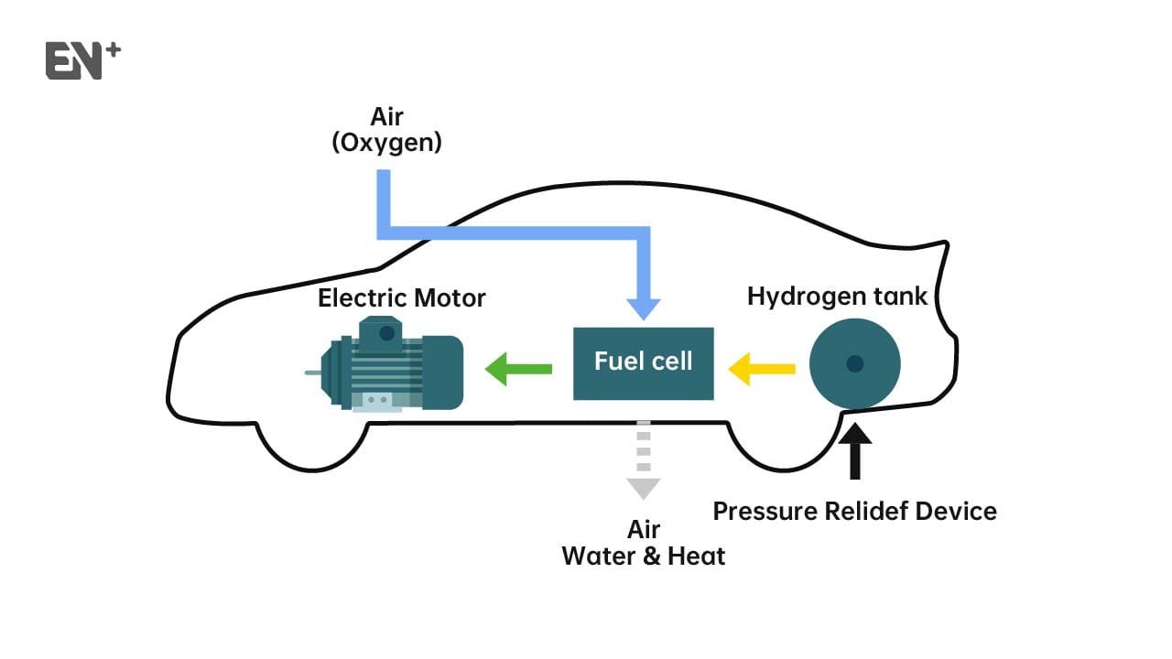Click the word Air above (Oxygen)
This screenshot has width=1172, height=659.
tap(386, 117)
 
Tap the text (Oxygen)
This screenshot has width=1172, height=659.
tap(386, 143)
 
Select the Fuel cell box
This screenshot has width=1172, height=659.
tap(643, 362)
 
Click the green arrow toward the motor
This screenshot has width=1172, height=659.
tap(517, 369)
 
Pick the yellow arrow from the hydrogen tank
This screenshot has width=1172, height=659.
tap(761, 369)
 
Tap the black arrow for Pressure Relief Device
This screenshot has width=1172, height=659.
tap(855, 448)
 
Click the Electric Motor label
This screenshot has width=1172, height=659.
tap(401, 298)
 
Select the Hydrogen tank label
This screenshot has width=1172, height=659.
tap(837, 297)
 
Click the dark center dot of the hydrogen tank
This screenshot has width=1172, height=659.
tap(855, 363)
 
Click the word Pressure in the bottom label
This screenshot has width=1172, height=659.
tap(764, 511)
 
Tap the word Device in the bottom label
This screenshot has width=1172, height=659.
tap(960, 511)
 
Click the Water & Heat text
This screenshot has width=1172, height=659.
tap(643, 556)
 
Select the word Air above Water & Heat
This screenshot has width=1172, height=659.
tap(643, 530)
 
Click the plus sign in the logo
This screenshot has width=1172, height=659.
tap(113, 50)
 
